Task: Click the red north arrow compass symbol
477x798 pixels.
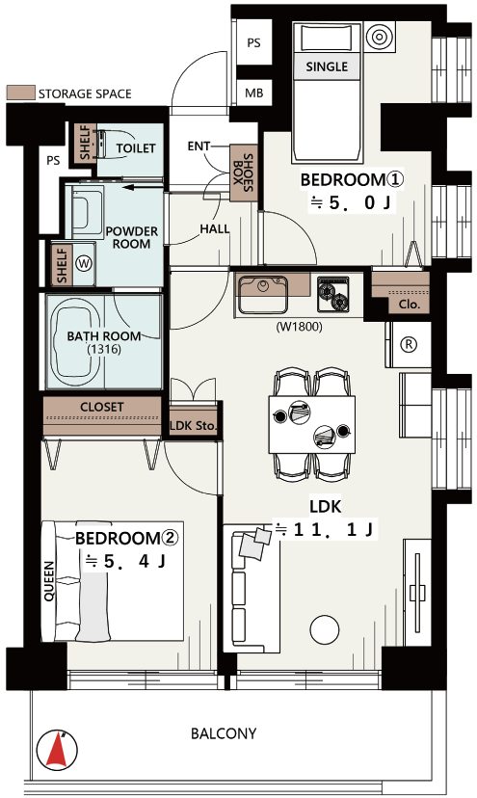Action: [57, 750]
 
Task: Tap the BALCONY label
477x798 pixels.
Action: [224, 733]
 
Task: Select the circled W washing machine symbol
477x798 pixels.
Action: [84, 263]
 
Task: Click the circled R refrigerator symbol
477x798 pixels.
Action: [409, 344]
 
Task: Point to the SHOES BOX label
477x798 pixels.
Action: [243, 173]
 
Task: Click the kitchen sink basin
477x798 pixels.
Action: [263, 293]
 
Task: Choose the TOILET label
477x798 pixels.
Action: [136, 148]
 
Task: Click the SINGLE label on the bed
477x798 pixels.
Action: [327, 66]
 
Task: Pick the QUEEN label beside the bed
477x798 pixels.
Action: [49, 581]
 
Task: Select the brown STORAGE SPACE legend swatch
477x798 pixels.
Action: [21, 93]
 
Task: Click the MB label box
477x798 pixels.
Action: [254, 93]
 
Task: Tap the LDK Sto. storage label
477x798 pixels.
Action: [193, 425]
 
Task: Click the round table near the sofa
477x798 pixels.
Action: [325, 630]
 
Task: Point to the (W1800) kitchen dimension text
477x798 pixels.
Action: [300, 327]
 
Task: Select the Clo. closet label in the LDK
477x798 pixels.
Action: [410, 305]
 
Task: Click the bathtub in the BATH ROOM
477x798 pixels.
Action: [76, 341]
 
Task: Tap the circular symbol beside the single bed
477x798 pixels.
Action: [380, 36]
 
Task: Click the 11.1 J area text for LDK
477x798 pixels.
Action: [326, 530]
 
